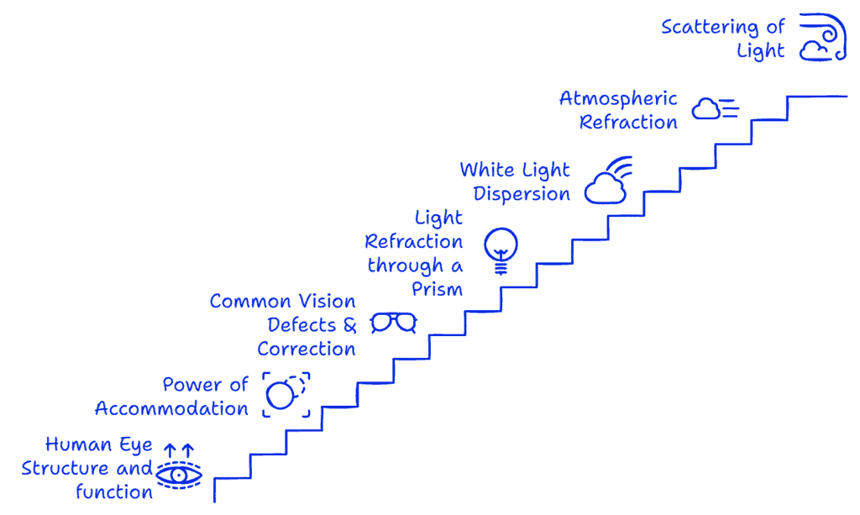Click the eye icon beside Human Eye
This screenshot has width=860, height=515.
[x=178, y=474]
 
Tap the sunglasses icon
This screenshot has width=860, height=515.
[x=394, y=322]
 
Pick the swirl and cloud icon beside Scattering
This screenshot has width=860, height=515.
[x=823, y=38]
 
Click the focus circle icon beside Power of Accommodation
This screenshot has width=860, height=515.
[x=286, y=394]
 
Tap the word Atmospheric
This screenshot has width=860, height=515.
[x=618, y=98]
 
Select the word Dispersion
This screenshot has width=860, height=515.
[x=522, y=194]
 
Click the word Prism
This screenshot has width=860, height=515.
[x=437, y=289]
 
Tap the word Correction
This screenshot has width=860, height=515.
[x=307, y=349]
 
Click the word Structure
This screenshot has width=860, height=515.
[x=65, y=468]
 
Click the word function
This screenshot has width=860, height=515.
[x=114, y=492]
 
